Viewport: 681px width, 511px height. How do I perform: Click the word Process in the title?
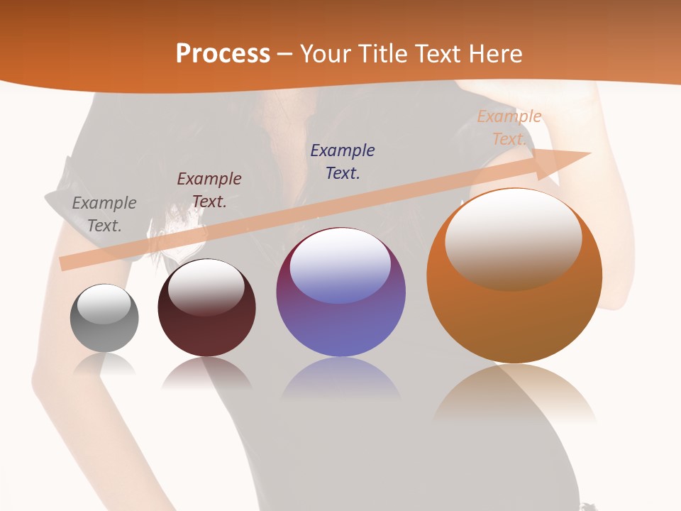click(223, 54)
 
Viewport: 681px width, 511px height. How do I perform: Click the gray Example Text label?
click(104, 214)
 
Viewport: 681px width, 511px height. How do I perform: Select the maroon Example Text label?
click(209, 190)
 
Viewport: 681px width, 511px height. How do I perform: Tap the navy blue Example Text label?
click(343, 161)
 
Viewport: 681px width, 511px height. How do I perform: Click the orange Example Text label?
click(509, 128)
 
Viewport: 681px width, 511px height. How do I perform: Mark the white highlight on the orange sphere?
click(513, 238)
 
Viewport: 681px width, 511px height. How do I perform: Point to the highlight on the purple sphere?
click(340, 264)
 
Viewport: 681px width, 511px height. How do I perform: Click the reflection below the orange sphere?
click(514, 394)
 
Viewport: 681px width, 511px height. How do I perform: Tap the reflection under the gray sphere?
click(104, 365)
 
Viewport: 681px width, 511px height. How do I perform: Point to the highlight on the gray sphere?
click(104, 304)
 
